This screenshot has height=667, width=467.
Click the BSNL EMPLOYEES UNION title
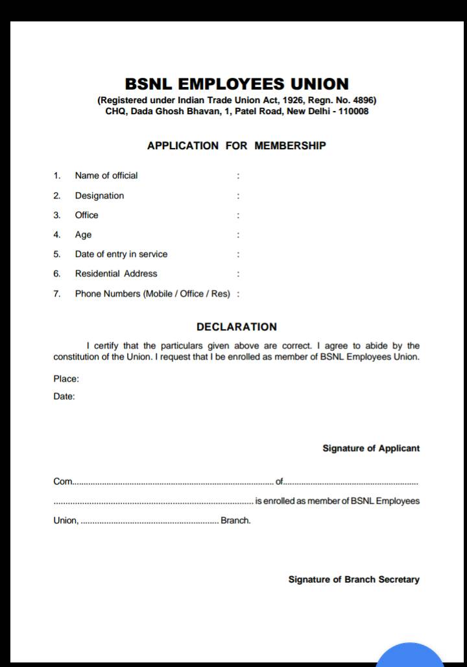pos(237,84)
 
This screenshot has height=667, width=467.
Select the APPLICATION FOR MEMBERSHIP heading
pos(236,145)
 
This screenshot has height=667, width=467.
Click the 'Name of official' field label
pos(106,175)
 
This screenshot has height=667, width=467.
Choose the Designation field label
pos(99,195)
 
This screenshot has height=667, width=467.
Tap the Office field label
pos(86,215)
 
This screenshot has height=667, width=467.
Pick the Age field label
pos(83,234)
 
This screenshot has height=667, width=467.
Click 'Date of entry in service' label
pos(121,254)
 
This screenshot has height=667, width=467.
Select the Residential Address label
pos(115,273)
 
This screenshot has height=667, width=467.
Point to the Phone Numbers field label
pos(152,293)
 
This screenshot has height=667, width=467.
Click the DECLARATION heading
pos(236,327)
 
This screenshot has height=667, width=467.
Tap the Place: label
pos(66,379)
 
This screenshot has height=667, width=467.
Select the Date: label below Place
pos(64,396)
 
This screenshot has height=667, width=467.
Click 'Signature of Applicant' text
pos(371,448)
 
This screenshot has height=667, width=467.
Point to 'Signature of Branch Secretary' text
pos(353,579)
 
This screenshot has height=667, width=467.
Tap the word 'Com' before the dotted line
pos(62,482)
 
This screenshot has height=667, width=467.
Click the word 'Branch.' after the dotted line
pos(235,520)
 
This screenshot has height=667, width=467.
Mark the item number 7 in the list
pos(57,293)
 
